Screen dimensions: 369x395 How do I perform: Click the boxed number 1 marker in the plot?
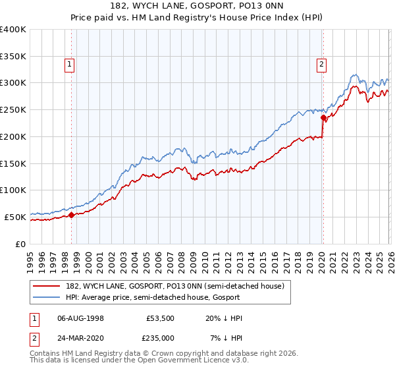[x=70, y=64]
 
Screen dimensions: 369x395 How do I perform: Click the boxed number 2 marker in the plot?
[x=321, y=64]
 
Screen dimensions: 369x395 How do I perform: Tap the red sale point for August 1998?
[x=71, y=215]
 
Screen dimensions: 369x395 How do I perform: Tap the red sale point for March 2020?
[x=323, y=118]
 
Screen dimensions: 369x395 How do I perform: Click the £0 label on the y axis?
[x=20, y=243]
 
